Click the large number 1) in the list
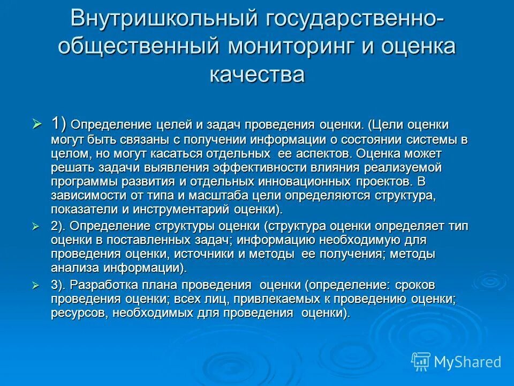(x=59, y=124)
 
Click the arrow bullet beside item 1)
(x=37, y=124)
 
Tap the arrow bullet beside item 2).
(x=37, y=226)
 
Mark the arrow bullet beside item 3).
(x=37, y=285)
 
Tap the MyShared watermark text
(x=467, y=362)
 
